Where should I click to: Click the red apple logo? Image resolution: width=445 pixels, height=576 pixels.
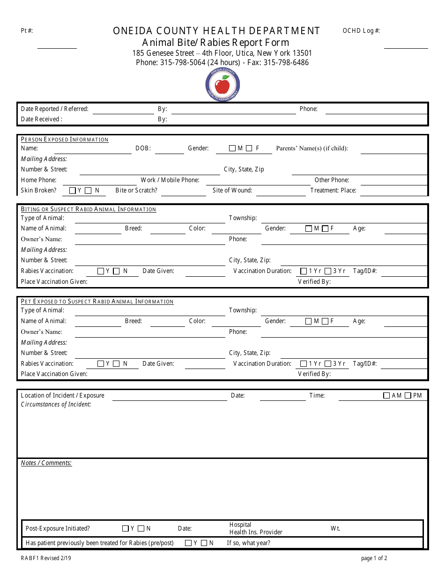[222, 85]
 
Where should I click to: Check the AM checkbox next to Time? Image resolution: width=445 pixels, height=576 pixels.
[386, 396]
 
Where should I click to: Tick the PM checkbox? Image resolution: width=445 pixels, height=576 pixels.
[408, 396]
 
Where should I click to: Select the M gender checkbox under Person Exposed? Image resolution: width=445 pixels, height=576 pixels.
[232, 148]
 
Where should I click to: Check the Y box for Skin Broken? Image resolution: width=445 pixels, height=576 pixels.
[72, 191]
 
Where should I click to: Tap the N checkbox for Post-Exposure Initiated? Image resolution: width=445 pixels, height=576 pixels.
[141, 529]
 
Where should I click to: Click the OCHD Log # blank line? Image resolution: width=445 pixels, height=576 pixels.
[406, 47]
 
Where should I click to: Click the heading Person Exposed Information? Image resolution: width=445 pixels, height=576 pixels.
[65, 140]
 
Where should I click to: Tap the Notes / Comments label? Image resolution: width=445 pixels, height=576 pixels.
[46, 463]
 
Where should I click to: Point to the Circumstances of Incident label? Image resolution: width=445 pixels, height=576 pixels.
[56, 405]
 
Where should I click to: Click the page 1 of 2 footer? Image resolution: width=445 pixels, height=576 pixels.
[374, 558]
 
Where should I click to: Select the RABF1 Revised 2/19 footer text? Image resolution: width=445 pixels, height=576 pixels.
[46, 558]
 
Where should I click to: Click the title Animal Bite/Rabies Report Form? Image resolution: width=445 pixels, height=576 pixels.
[216, 43]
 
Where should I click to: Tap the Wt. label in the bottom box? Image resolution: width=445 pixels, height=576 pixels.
[335, 529]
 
